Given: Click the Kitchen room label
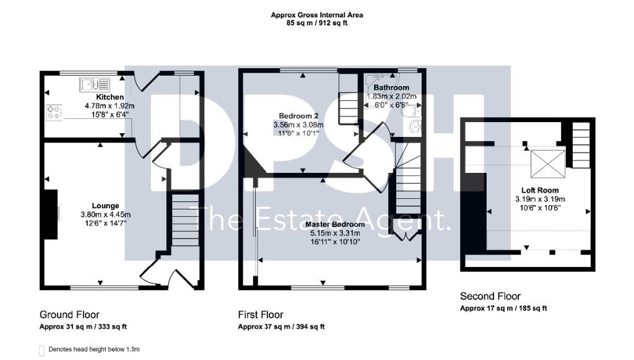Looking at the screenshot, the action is [110, 97].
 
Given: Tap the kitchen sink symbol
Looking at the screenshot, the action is [95, 84].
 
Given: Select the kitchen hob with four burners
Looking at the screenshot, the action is [54, 112].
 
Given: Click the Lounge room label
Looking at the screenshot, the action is [105, 206].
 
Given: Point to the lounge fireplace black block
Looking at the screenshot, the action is [50, 214].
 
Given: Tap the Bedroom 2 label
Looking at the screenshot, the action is [298, 116].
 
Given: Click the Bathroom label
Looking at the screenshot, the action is [391, 87].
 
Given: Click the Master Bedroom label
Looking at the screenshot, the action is [335, 224].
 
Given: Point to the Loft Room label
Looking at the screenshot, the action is [540, 190].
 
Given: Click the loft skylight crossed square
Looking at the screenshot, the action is [548, 164].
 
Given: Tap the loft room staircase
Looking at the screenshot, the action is [581, 145].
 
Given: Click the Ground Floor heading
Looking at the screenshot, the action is [69, 315].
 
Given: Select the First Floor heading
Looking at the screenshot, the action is [261, 315].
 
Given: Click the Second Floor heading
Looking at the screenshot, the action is [490, 296].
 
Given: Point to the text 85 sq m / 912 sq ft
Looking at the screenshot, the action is [317, 23].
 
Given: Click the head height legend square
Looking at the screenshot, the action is [41, 350].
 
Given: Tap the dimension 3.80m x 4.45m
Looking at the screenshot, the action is [105, 215].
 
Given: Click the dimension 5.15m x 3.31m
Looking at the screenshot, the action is [335, 233].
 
